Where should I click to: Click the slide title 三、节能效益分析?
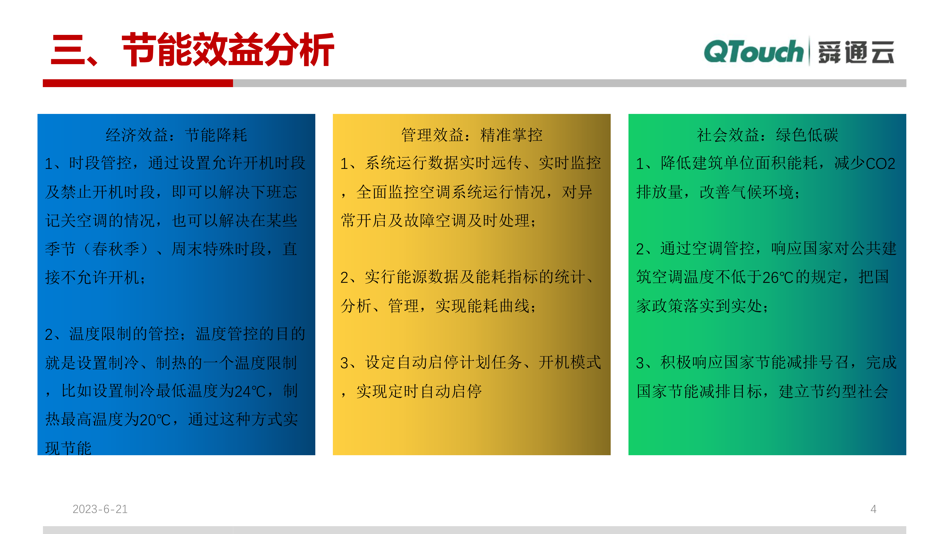[x=192, y=50]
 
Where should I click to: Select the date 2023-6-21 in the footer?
[x=100, y=509]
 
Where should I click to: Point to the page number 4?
[x=873, y=509]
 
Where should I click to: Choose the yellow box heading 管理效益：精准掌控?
[x=472, y=135]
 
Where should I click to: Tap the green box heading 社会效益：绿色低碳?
[x=767, y=135]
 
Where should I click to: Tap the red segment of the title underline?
[x=138, y=83]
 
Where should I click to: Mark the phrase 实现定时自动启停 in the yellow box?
[x=419, y=391]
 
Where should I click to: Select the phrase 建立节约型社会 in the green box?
[x=833, y=391]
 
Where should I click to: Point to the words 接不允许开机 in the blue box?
[x=92, y=277]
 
